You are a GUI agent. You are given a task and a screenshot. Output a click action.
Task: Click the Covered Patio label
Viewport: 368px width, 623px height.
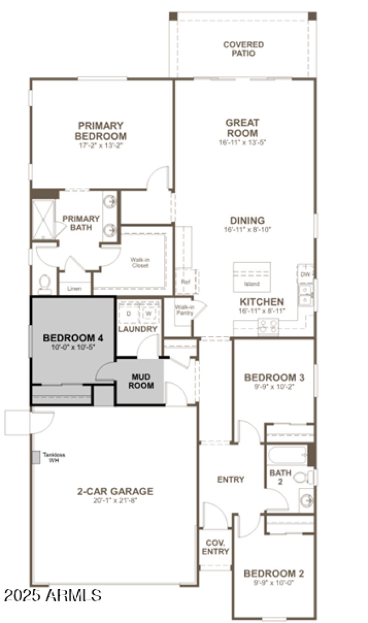coord(243,49)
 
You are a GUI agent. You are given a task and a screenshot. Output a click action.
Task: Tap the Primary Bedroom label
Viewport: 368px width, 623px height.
coord(101,131)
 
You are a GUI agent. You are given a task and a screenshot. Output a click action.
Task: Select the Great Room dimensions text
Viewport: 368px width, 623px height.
coord(242,143)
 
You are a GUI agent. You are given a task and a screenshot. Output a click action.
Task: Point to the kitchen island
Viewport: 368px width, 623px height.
coord(252,277)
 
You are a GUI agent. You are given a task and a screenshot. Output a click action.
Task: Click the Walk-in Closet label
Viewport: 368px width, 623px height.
coord(140,262)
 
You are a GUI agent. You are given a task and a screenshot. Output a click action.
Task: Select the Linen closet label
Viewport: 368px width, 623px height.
coord(75,288)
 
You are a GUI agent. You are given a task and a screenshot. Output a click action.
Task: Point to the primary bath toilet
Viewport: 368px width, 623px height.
coord(45,283)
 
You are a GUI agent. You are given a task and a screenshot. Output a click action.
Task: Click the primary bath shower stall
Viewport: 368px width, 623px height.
coord(43,219)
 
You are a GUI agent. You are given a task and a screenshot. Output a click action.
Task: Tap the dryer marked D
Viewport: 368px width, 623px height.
coord(129,313)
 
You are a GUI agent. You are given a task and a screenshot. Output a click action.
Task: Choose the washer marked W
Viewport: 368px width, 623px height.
coord(149,313)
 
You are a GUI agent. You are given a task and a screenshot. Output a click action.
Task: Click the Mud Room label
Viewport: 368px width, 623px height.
coord(141,381)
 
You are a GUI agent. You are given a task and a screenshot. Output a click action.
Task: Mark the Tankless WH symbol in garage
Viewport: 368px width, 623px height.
coord(35,457)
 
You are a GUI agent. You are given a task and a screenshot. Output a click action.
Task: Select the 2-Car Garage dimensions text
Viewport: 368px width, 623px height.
coord(115,501)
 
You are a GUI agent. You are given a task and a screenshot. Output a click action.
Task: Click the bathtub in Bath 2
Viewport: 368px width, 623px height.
coord(287,456)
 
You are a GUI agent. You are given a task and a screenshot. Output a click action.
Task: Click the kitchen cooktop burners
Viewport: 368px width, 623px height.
coord(268,326)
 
